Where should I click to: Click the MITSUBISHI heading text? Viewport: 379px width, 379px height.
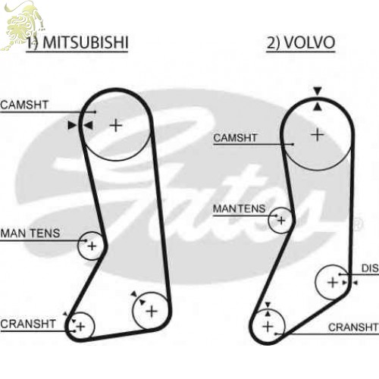86,42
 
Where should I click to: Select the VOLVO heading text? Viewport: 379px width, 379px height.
309,42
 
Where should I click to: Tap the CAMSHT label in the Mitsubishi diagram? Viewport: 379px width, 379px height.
24,105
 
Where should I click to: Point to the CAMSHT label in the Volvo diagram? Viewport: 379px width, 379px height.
235,138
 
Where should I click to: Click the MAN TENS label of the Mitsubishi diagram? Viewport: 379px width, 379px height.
30,233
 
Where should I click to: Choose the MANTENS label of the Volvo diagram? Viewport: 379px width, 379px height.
239,208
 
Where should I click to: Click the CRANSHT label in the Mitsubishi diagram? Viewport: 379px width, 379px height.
28,324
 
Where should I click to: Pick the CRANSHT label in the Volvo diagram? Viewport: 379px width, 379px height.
353,327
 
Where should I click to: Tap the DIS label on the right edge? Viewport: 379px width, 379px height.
370,268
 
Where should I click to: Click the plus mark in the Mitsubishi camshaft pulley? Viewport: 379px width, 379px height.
116,125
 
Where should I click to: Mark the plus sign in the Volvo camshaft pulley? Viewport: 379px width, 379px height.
318,134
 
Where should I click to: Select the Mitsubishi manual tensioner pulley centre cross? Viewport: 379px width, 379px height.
92,246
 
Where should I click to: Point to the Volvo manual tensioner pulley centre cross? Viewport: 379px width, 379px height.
281,221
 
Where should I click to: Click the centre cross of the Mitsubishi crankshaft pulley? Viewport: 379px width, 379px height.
81,327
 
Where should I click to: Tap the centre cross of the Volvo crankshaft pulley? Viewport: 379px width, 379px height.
268,327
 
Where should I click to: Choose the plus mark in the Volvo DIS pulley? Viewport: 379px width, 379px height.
333,282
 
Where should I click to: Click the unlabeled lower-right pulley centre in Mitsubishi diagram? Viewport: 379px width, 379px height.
152,311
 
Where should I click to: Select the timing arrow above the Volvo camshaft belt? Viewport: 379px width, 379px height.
318,91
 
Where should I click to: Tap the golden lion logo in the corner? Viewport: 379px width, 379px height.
22,25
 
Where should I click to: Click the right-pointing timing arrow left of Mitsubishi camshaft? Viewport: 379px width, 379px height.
72,125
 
